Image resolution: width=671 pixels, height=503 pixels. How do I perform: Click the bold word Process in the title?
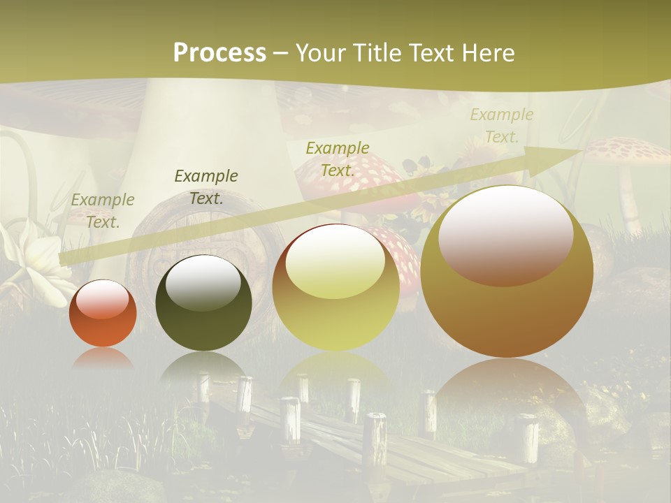[219, 53]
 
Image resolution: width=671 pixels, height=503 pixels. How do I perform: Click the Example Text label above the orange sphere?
[103, 210]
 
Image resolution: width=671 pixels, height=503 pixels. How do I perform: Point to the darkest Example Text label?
[206, 187]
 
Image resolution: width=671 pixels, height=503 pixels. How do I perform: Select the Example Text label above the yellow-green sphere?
[338, 159]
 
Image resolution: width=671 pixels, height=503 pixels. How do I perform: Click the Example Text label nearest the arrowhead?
[502, 125]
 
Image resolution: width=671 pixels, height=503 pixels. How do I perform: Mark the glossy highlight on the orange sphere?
[103, 298]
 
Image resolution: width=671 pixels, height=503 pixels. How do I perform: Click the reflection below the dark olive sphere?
[203, 367]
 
